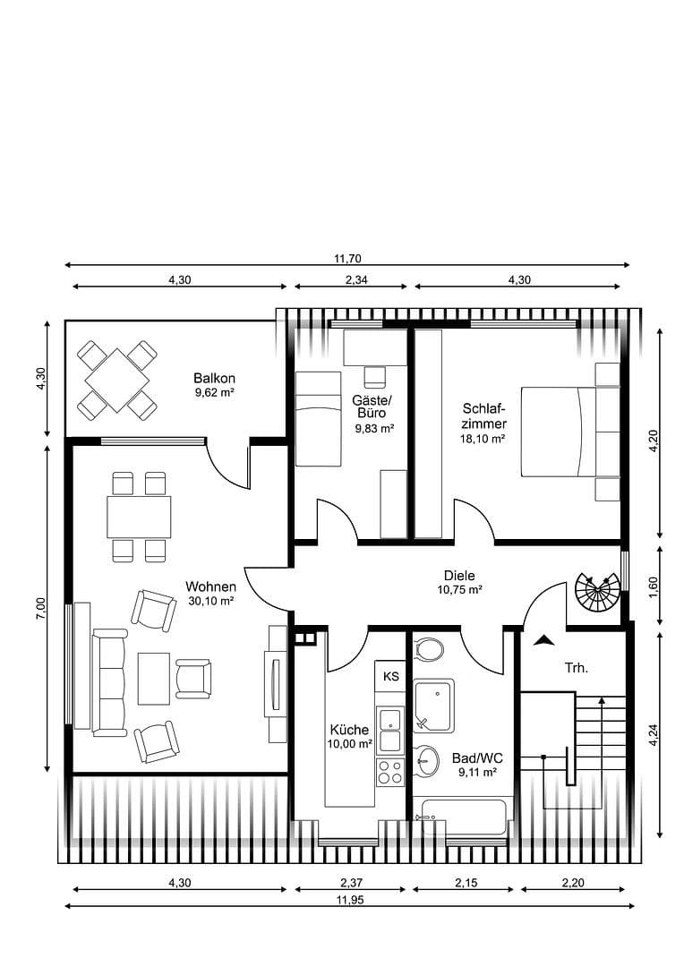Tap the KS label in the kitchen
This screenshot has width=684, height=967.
coord(391,676)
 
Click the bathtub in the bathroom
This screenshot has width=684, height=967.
coord(464,817)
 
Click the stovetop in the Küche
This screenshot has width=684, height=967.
coord(390,772)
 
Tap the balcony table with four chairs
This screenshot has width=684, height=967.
coord(117,381)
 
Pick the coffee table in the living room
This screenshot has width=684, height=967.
coord(154,677)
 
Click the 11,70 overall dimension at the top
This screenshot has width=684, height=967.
coord(346,258)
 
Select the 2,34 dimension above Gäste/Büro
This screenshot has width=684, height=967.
coord(351,279)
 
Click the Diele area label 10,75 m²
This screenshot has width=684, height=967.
coord(459,590)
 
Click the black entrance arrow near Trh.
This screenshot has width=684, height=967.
coord(542,640)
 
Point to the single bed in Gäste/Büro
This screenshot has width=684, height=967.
coord(318,419)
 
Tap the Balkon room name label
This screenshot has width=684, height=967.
coord(214,378)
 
